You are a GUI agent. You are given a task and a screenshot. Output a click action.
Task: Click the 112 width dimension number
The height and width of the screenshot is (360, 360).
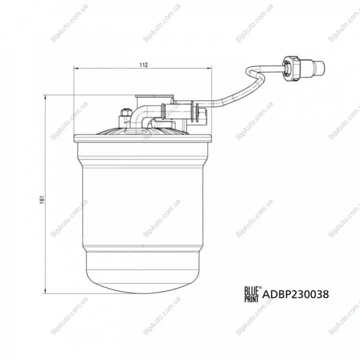coord(144,65)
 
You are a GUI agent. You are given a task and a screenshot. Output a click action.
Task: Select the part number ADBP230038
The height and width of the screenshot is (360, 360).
coord(295,294)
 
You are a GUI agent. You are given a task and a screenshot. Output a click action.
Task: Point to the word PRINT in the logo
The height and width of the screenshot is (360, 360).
coord(251,298)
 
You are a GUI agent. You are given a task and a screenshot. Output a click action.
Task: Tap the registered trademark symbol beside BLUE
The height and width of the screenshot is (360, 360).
coord(260,287)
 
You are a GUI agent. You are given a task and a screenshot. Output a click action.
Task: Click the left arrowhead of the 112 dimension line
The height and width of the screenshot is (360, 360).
coord(76,68)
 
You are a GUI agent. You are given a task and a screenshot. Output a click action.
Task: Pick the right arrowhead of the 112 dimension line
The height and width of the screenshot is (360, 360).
coord(209,68)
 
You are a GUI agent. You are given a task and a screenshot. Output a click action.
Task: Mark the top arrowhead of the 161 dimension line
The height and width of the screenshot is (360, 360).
coord(46,97)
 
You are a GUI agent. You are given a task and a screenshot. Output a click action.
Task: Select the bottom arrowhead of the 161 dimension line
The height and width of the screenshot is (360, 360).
coord(46,291)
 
